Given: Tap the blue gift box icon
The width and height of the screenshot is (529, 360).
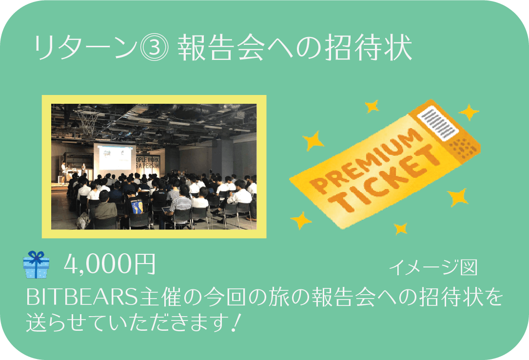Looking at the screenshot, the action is point(36,265).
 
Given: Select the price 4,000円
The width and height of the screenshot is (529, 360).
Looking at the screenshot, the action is point(110,264).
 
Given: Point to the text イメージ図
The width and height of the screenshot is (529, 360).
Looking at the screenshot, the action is point(433,267).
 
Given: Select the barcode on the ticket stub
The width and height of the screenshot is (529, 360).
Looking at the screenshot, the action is point(438,123).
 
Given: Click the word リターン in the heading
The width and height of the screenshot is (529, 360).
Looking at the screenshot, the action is point(85,48).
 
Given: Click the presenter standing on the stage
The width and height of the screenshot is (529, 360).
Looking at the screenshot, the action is point(63,172).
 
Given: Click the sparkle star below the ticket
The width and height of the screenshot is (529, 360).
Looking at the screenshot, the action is point(401,228).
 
